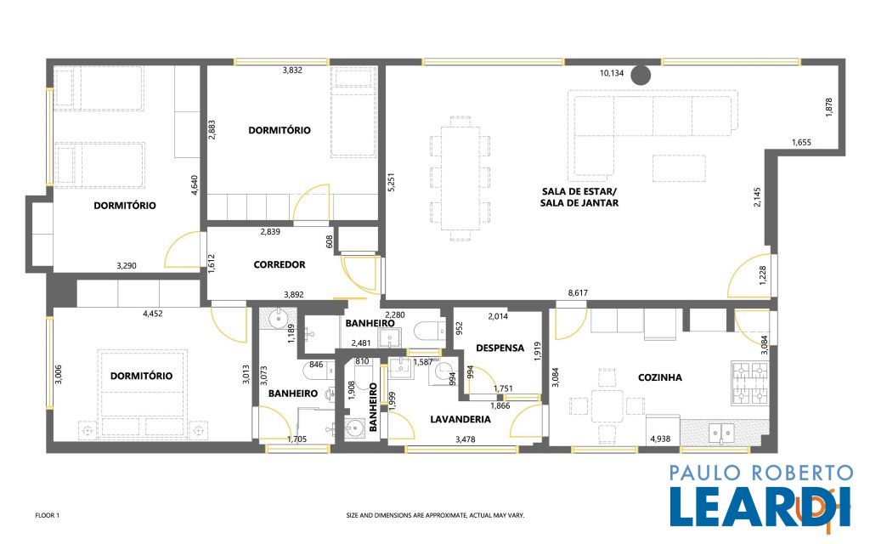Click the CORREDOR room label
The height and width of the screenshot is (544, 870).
pyautogui.click(x=279, y=265)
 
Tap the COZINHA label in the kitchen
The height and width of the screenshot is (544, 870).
pyautogui.click(x=659, y=377)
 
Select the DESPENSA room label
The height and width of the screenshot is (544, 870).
pyautogui.click(x=500, y=348)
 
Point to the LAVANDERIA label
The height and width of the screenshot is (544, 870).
pyautogui.click(x=460, y=419)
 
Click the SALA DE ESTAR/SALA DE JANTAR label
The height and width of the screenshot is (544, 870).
pyautogui.click(x=579, y=197)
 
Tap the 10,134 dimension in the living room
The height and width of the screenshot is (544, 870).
pyautogui.click(x=612, y=73)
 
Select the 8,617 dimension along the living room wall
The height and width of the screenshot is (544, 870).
pyautogui.click(x=578, y=292)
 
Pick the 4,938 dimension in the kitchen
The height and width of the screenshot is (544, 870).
pyautogui.click(x=660, y=439)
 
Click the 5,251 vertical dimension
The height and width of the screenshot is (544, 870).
pyautogui.click(x=391, y=183)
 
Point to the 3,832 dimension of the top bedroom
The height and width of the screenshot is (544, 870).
pyautogui.click(x=292, y=70)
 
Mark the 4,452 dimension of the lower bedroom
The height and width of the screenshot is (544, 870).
pyautogui.click(x=153, y=314)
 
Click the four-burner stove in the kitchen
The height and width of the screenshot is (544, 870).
pyautogui.click(x=750, y=383)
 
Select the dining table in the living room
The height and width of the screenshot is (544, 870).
pyautogui.click(x=460, y=178)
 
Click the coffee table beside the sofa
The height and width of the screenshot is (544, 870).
pyautogui.click(x=679, y=168)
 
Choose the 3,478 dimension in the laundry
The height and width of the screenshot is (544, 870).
pyautogui.click(x=465, y=439)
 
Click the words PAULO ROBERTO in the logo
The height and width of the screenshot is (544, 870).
pyautogui.click(x=760, y=473)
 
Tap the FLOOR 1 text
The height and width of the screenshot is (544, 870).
pyautogui.click(x=48, y=515)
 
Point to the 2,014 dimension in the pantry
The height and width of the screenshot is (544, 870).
pyautogui.click(x=498, y=316)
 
